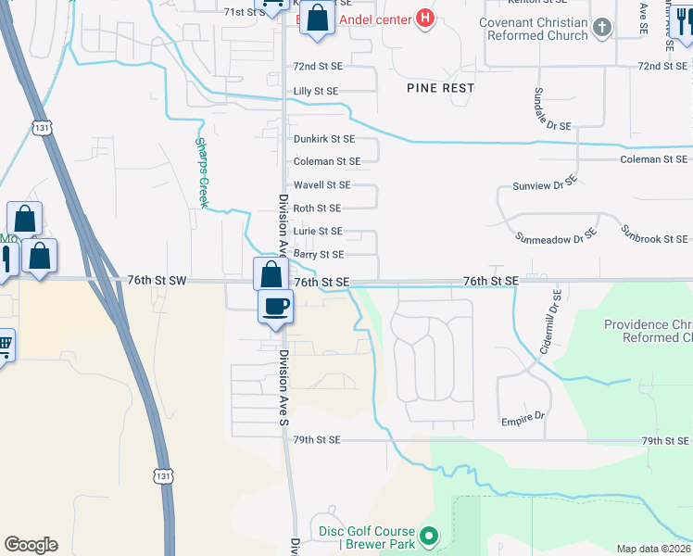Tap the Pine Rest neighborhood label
point(440,88)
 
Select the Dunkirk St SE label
point(324,139)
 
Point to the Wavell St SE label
point(321,185)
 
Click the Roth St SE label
point(317,208)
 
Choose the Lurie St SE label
point(318,231)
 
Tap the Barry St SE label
point(319,254)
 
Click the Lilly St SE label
point(316,91)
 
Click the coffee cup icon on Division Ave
point(275,306)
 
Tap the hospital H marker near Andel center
point(424,18)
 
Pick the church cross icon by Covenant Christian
point(602,28)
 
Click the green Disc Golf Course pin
point(428,536)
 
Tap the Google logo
point(31,545)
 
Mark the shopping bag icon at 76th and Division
point(270,274)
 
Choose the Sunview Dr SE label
point(545,185)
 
